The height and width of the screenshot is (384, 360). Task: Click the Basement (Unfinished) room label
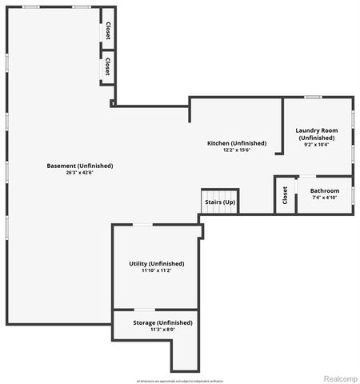80,166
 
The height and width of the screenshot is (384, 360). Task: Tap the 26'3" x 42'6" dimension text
80,173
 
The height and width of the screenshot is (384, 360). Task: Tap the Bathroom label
325,190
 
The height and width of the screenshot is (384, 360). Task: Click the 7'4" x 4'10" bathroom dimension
325,198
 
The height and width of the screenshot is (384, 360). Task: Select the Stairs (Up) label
220,202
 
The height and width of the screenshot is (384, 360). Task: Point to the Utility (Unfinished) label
157,263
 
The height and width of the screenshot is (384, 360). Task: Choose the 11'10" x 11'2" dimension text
157,270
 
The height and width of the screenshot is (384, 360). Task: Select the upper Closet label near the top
107,30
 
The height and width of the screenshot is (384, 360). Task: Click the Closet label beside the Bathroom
285,195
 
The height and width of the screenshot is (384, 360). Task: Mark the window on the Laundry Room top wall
313,98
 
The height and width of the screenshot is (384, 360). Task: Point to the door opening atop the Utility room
141,225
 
